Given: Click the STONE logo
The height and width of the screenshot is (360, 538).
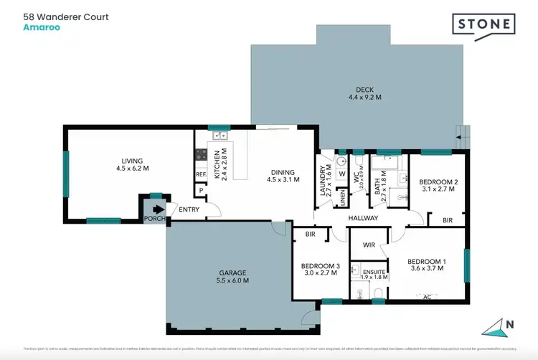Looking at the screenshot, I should pyautogui.click(x=484, y=24).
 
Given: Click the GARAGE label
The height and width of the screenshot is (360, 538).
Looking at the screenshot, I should pyautogui.click(x=234, y=277).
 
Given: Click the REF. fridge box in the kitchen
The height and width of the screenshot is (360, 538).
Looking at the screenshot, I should pyautogui.click(x=201, y=174).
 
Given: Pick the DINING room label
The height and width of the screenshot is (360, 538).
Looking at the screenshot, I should pyautogui.click(x=283, y=176).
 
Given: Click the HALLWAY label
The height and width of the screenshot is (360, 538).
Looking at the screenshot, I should pyautogui.click(x=364, y=218).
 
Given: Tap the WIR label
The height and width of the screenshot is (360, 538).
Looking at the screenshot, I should pyautogui.click(x=369, y=245).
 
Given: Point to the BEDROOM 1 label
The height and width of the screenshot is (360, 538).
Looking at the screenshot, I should pyautogui.click(x=426, y=265).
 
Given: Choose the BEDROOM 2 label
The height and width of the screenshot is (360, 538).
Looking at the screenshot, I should pyautogui.click(x=439, y=186).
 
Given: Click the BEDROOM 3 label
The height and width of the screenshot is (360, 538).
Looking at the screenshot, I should pyautogui.click(x=319, y=268).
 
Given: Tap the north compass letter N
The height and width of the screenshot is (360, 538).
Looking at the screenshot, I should pyautogui.click(x=510, y=324).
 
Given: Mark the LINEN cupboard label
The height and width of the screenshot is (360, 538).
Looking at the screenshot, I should pyautogui.click(x=343, y=196).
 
